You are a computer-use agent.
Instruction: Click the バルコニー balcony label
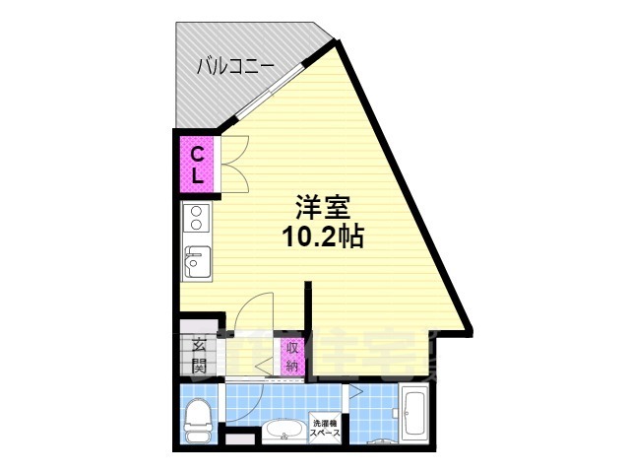click(x=234, y=67)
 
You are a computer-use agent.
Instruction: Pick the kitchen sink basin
click(x=194, y=261)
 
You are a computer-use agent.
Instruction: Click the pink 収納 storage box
click(x=292, y=356)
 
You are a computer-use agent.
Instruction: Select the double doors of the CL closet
click(x=233, y=164)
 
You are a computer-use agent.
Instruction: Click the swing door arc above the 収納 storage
click(x=258, y=307)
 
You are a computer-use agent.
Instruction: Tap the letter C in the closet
click(x=197, y=154)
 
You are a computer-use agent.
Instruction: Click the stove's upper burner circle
click(x=195, y=212)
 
